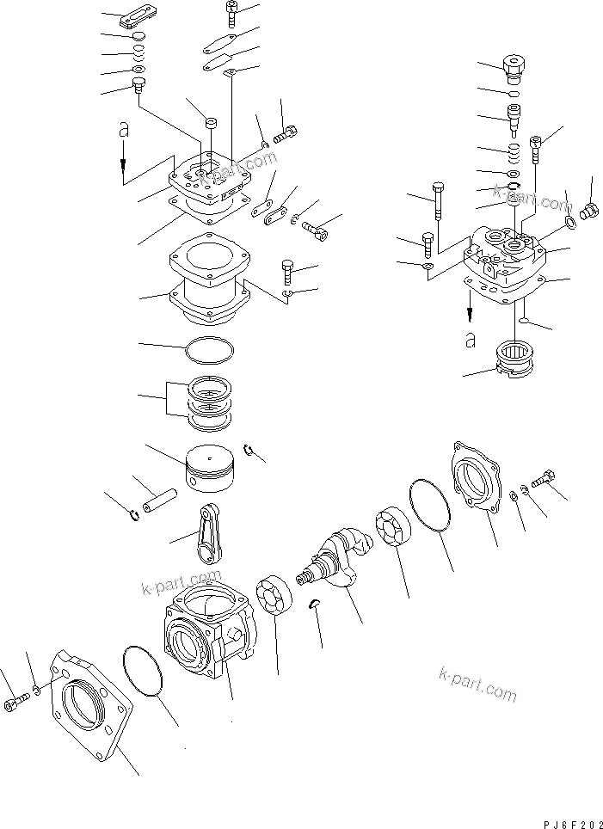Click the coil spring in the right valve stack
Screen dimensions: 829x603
(x=514, y=153)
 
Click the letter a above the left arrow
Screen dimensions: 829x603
(x=124, y=130)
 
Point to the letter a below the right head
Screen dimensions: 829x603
(x=470, y=340)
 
